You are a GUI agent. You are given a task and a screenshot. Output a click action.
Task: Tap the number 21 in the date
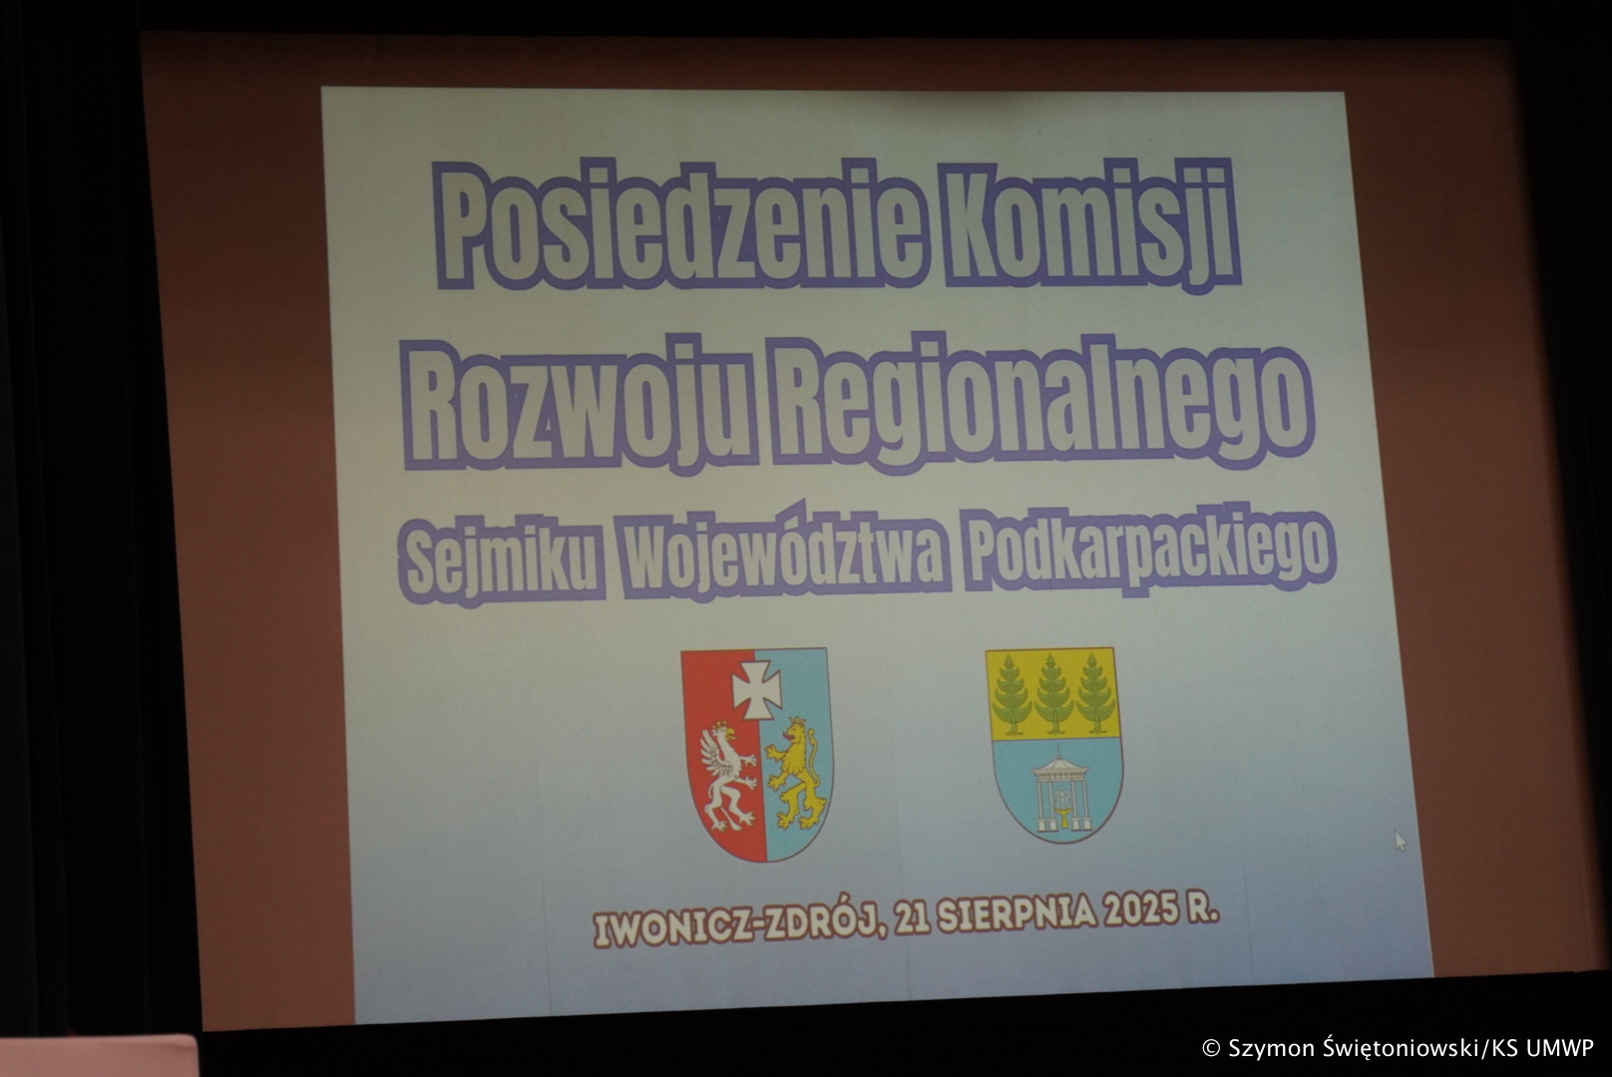pyautogui.click(x=913, y=918)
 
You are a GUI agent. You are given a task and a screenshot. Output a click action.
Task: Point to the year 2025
pyautogui.click(x=1140, y=912)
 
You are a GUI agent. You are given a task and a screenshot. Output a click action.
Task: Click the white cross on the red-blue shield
pyautogui.click(x=756, y=689)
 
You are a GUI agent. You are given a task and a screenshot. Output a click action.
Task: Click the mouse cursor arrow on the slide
pyautogui.click(x=1400, y=840)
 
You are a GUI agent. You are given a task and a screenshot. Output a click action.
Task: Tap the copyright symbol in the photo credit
pyautogui.click(x=1211, y=1048)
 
